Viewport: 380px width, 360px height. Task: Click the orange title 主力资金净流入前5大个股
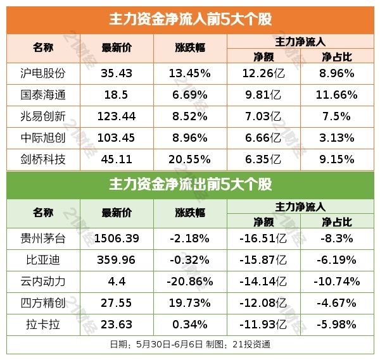pyautogui.click(x=190, y=20)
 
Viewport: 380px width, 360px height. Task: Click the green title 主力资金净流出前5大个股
pyautogui.click(x=190, y=185)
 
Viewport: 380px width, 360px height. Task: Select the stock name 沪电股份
pyautogui.click(x=43, y=73)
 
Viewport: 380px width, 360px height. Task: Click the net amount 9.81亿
pyautogui.click(x=263, y=95)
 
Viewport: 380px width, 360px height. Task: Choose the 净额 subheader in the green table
pyautogui.click(x=263, y=221)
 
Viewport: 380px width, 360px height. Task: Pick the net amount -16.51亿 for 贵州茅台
pyautogui.click(x=263, y=239)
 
